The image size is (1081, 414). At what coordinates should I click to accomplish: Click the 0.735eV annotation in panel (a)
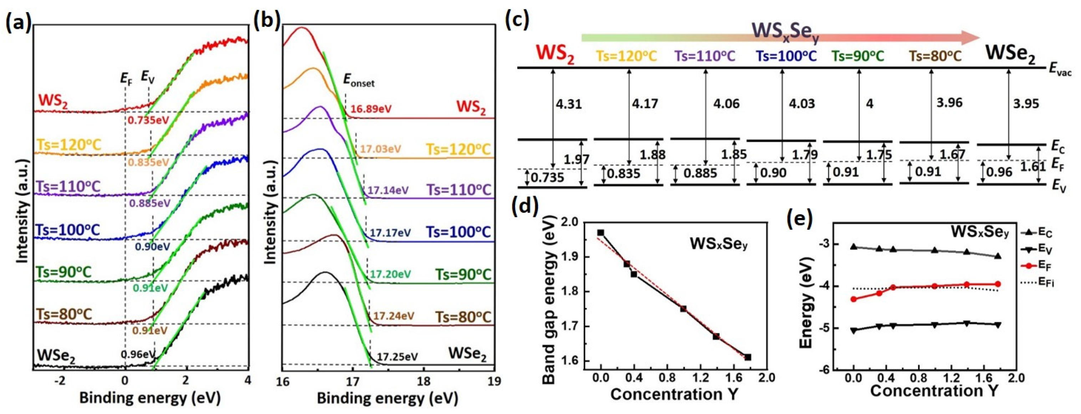[148, 121]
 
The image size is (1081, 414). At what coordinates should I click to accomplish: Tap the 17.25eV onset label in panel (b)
[397, 357]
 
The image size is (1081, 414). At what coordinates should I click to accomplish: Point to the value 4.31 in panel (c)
[569, 104]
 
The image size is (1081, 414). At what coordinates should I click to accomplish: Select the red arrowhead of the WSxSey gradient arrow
[969, 38]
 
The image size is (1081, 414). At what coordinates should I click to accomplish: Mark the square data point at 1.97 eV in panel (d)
[601, 232]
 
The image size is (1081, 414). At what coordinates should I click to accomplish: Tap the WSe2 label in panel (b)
[467, 355]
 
